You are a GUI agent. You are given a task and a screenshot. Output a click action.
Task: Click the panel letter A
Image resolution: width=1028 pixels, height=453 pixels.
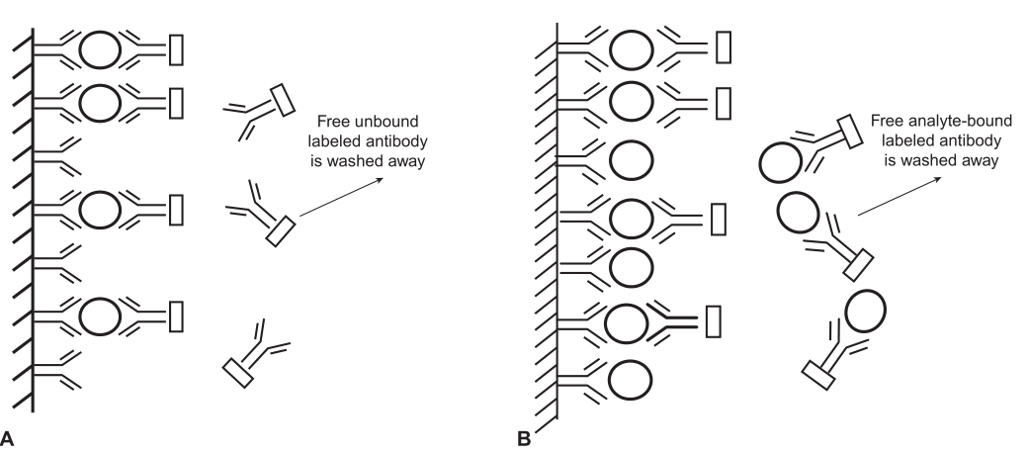pos(9,435)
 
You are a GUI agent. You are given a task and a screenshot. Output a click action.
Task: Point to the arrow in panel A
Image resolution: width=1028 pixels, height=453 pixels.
pos(347,197)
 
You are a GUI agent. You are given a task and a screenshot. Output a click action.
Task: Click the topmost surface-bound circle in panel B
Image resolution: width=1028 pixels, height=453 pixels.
pos(630,48)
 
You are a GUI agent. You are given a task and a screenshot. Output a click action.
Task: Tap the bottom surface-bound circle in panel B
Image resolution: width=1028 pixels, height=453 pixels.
pos(630,379)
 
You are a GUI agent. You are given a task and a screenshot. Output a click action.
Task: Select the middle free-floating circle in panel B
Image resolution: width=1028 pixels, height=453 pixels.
pos(799,211)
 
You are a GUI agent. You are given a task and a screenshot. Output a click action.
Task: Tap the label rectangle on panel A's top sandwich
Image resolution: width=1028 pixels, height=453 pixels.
pos(177,48)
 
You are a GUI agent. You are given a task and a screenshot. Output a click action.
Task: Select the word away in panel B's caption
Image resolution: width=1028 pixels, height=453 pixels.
pos(973,158)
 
